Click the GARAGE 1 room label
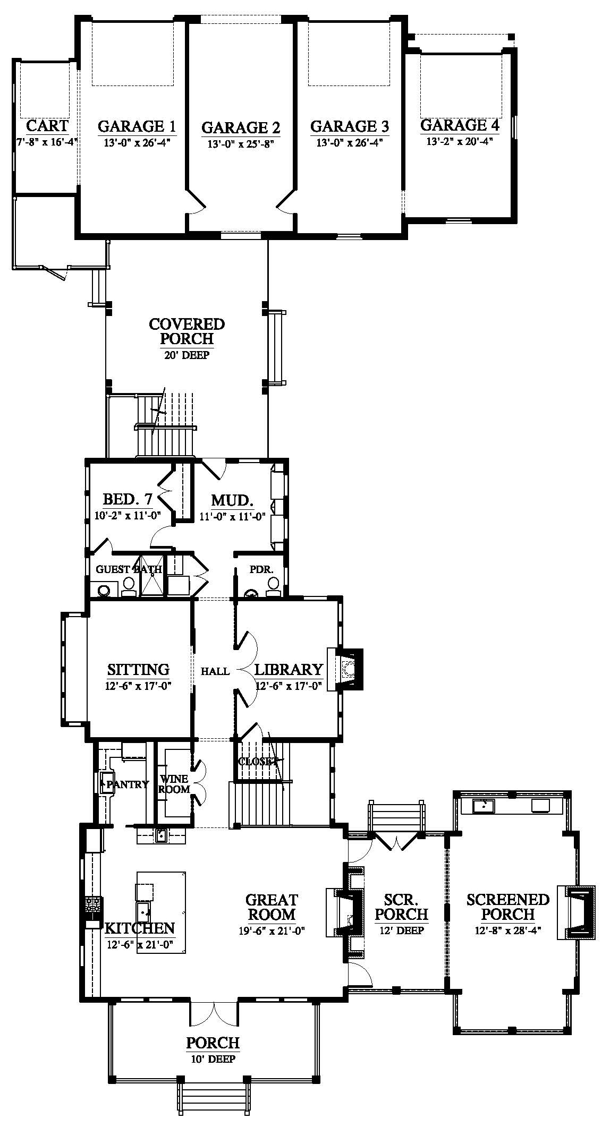coord(137,126)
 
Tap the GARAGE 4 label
coord(460,125)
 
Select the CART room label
coord(47,126)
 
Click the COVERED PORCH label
coord(187,331)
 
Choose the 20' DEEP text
coord(187,355)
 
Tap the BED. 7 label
coord(128,500)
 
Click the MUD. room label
coord(232,500)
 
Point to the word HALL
coord(215,671)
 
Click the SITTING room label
coord(138,669)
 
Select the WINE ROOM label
coord(174,784)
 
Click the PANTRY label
coord(128,784)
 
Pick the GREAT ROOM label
coord(272,907)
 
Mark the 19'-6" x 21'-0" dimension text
coord(272,930)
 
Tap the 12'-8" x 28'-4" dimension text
coord(508,930)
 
